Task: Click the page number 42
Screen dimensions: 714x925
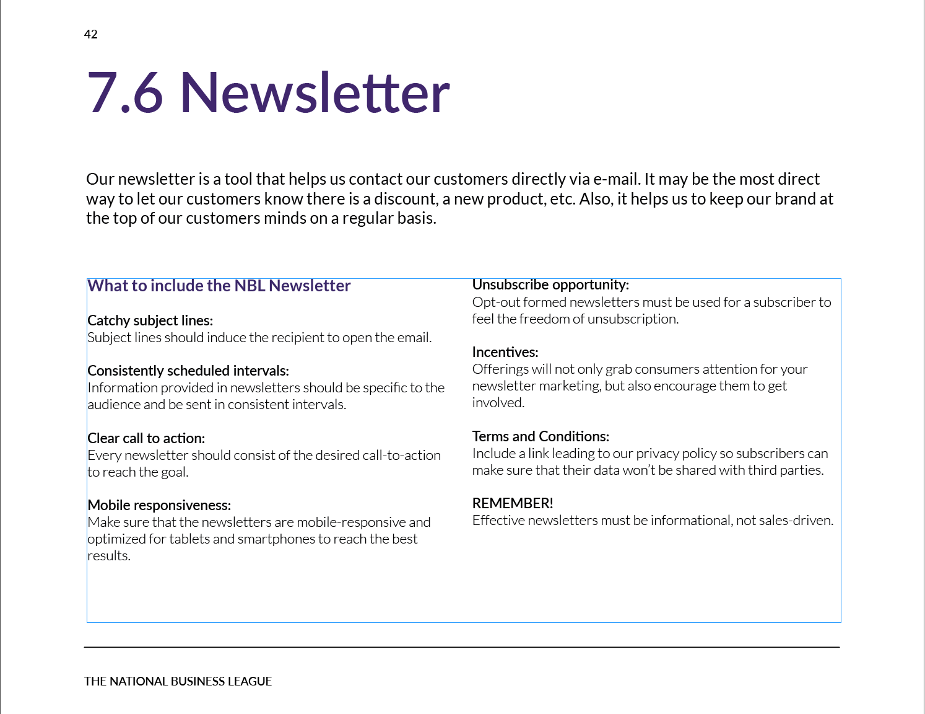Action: pos(91,34)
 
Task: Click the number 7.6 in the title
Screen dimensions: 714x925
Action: pos(125,93)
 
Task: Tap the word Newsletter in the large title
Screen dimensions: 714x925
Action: pos(315,93)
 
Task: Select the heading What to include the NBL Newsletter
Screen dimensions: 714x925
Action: pos(219,286)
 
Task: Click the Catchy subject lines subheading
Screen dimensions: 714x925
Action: pos(150,320)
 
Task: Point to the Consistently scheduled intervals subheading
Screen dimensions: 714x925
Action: pos(188,371)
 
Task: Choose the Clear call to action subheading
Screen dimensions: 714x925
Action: pos(146,438)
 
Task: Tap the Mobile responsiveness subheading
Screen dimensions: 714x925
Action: pos(159,505)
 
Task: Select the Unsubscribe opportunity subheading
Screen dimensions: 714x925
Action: pos(550,284)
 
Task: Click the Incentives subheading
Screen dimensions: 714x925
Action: pos(505,352)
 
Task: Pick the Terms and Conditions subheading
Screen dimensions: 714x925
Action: pos(541,436)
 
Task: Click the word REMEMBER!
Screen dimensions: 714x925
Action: pos(513,503)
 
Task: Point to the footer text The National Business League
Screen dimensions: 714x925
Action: pos(178,681)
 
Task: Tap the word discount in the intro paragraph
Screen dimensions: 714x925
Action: pos(406,199)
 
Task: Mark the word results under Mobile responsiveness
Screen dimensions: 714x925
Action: pos(108,556)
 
